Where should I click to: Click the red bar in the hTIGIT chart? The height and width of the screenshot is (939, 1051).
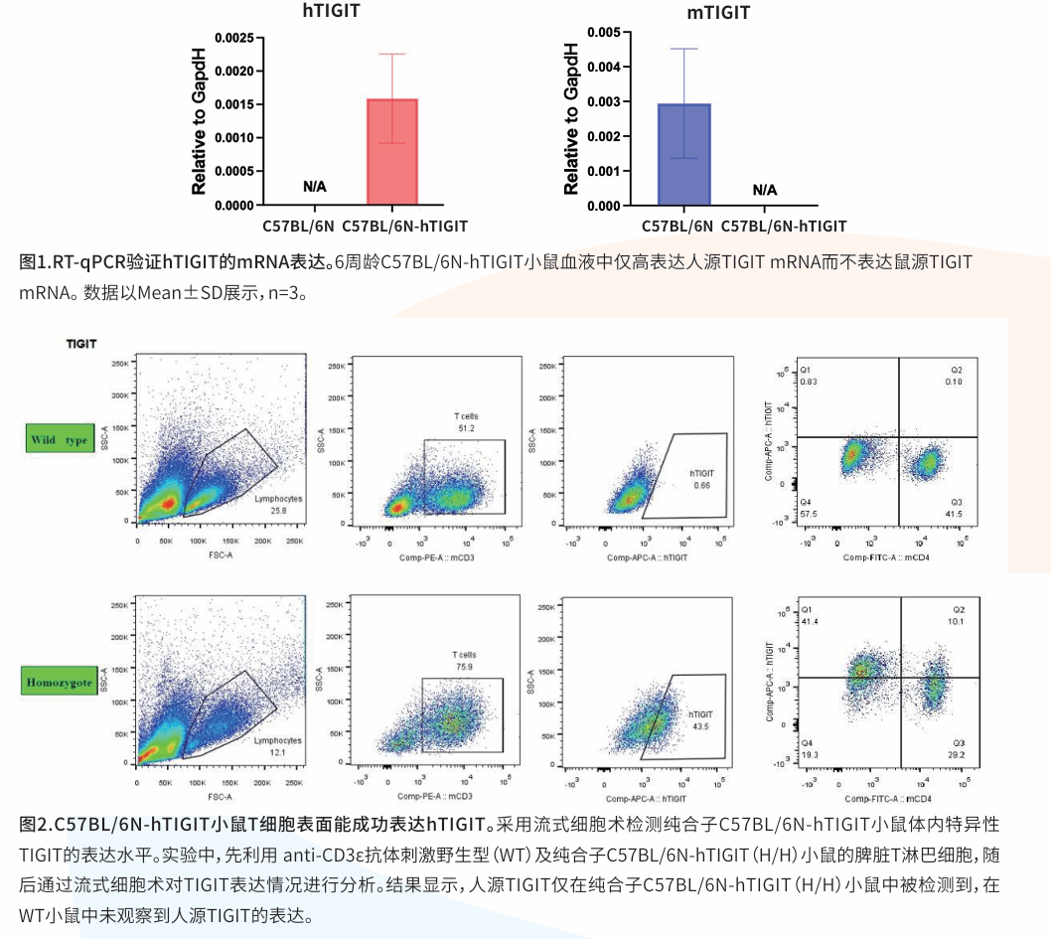point(392,152)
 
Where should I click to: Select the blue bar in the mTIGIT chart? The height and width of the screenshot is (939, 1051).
point(683,154)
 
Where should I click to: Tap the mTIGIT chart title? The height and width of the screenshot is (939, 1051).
point(718,13)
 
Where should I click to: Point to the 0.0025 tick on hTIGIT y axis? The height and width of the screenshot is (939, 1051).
point(231,38)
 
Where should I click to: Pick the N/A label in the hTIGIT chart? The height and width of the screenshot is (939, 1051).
point(315,187)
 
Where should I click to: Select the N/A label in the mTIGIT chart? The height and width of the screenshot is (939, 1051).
point(765,190)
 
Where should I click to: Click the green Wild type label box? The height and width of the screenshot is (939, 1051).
point(59,439)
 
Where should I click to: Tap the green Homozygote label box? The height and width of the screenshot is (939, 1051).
point(59,683)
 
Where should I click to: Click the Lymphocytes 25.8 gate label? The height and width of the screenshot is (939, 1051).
point(277,504)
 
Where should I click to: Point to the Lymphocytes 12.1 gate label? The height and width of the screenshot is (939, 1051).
point(277,746)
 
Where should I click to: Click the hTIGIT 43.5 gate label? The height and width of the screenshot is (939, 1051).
point(701,720)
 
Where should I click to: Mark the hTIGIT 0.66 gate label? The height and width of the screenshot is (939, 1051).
point(702,480)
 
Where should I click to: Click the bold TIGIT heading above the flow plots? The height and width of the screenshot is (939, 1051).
point(81,344)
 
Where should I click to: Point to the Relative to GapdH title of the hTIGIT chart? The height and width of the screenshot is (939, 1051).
point(199,120)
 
